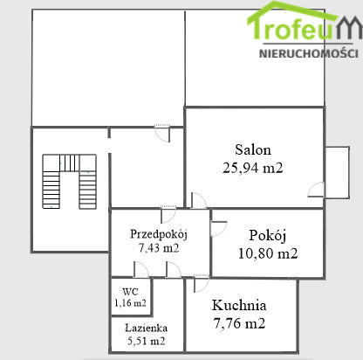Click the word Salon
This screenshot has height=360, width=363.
(x=253, y=149)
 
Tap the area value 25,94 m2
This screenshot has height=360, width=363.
(x=252, y=168)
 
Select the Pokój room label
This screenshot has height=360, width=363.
(x=268, y=236)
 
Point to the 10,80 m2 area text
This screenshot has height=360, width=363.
(x=268, y=253)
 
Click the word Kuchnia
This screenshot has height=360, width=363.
(x=239, y=305)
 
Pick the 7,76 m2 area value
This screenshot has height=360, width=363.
(x=239, y=323)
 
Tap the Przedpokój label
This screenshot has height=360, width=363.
(x=159, y=234)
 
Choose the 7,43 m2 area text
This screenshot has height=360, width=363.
(x=159, y=248)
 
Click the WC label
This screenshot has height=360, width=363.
(x=130, y=291)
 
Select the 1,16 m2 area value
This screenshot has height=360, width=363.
(x=130, y=303)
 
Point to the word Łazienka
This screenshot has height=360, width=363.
(x=146, y=328)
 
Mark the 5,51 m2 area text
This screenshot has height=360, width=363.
(x=146, y=341)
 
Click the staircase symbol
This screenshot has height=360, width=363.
(x=69, y=181)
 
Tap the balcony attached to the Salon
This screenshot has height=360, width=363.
(x=337, y=172)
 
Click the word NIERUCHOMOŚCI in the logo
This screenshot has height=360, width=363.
(x=309, y=53)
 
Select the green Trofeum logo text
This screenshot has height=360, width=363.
(x=304, y=24)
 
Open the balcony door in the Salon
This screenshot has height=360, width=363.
(x=316, y=190)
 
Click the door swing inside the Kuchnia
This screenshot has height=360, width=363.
(x=202, y=283)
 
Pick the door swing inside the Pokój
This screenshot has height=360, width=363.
(x=218, y=229)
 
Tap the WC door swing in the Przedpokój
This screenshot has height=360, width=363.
(x=141, y=269)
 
